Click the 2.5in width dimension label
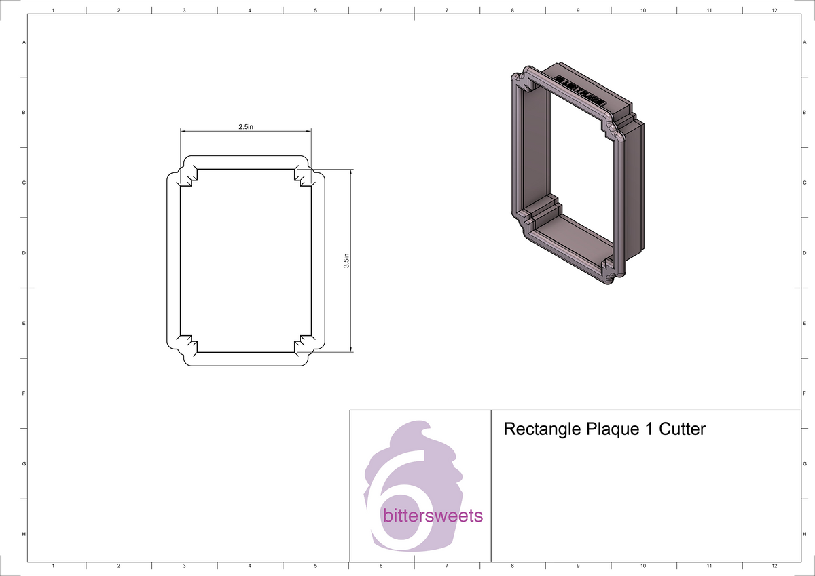245,127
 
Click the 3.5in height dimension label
346,261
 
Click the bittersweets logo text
433,516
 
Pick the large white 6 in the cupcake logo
391,502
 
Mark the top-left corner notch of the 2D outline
188,175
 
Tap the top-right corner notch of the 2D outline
303,175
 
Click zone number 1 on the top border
53,10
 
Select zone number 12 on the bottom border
774,565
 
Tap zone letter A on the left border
24,42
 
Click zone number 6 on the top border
381,10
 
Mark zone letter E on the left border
24,324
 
